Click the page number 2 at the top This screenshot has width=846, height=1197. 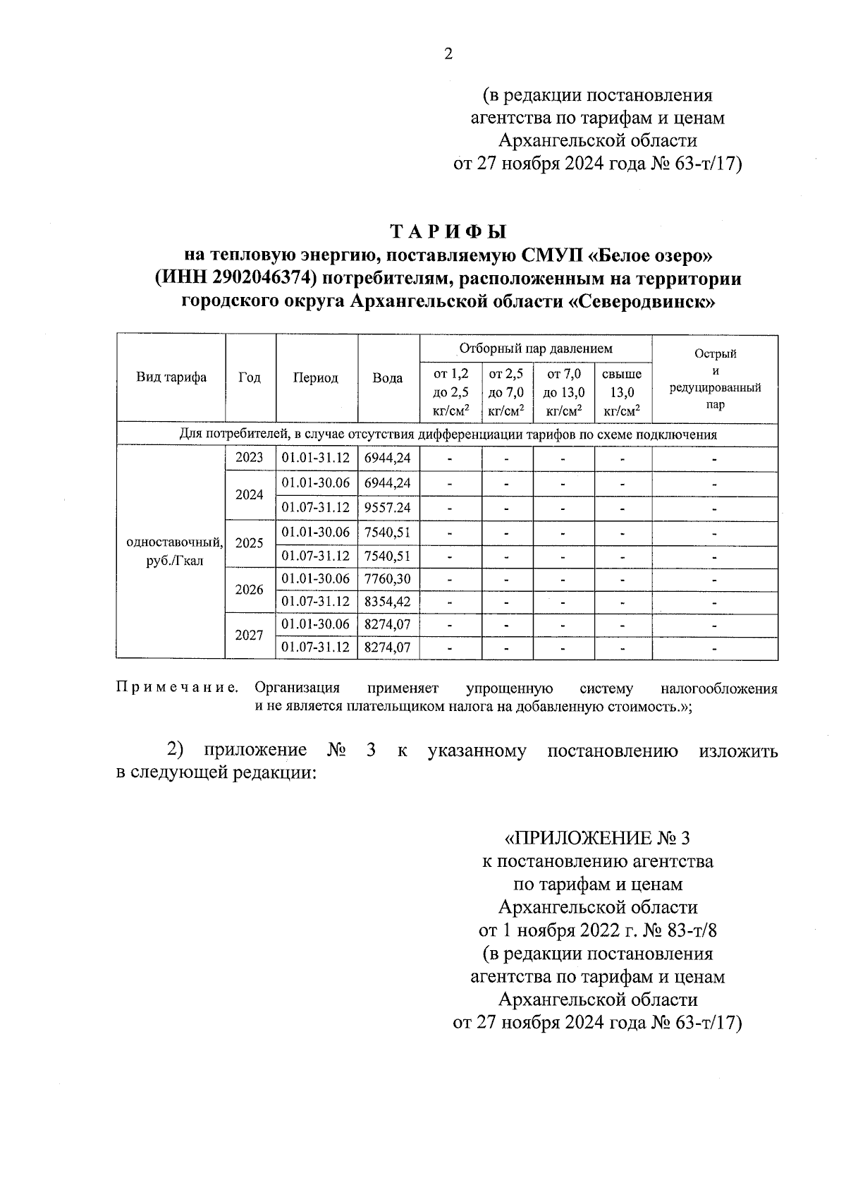pos(448,54)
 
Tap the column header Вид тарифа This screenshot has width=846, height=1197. pos(171,377)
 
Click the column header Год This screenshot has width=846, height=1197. pos(250,377)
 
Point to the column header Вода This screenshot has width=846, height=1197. pos(388,378)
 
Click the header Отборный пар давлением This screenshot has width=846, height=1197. pos(536,348)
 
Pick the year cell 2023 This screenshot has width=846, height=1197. pos(250,458)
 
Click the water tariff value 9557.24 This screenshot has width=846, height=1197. pos(388,508)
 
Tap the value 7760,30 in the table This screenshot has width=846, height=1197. pos(388,579)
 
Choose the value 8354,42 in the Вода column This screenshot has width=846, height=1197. pos(388,602)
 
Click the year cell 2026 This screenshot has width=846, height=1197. pos(250,590)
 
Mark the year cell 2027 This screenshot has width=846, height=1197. pos(250,636)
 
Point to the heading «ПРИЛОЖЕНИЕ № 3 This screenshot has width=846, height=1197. pos(598,838)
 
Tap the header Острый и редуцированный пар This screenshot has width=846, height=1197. pos(715,379)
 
